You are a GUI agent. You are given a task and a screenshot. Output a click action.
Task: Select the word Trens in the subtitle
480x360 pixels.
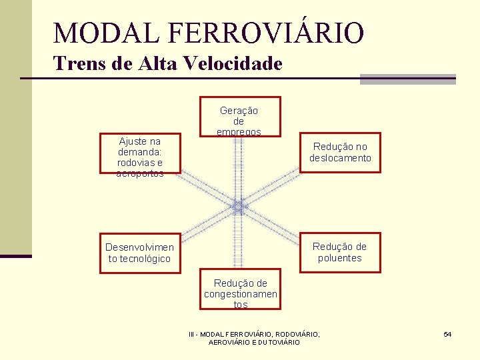coord(74,64)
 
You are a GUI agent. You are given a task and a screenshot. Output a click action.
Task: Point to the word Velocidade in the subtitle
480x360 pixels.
coord(235,64)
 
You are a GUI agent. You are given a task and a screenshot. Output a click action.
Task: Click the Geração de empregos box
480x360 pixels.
coord(239,117)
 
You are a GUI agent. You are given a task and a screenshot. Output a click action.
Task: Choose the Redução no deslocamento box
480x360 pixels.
coord(340,153)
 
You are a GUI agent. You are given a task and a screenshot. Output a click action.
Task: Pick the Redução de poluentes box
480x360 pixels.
coord(340,253)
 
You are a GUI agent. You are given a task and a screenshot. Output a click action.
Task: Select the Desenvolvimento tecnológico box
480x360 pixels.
coord(139,253)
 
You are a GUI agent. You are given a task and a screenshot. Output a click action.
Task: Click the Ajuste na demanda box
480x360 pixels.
coord(139,157)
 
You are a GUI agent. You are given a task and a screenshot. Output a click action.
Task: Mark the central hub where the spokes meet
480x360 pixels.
coord(239,207)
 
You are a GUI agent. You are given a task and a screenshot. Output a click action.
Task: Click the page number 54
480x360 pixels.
coord(447,333)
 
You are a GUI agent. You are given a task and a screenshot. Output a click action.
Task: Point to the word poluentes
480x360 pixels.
coord(340,258)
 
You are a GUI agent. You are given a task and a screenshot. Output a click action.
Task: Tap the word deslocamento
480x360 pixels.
coord(340,159)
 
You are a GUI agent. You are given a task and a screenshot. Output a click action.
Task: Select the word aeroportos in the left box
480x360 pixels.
coord(139,173)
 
